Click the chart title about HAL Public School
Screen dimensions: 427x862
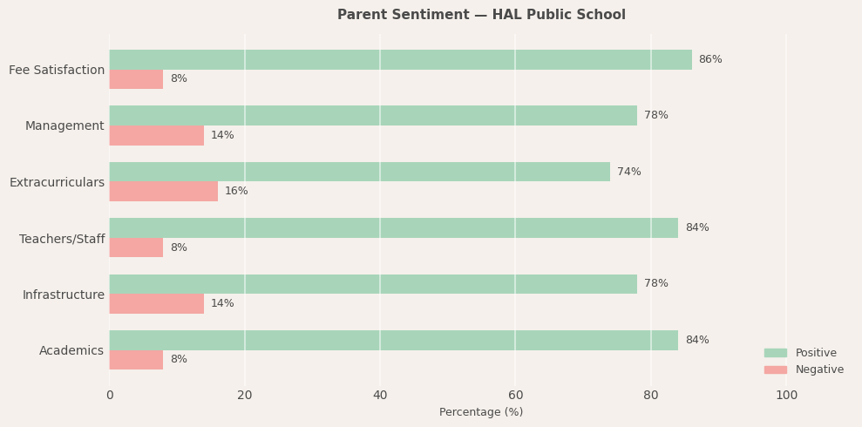(481, 15)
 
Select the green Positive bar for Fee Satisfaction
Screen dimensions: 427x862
(400, 59)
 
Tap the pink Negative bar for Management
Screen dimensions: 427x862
(156, 135)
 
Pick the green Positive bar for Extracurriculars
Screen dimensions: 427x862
(359, 172)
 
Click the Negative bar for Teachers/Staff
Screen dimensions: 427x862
(136, 247)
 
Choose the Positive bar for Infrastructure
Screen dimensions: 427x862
(373, 284)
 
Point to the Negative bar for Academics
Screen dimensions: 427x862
(136, 360)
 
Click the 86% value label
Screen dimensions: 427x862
(710, 59)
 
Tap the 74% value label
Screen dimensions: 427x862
(628, 172)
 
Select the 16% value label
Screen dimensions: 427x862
(236, 191)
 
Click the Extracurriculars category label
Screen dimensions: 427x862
(57, 182)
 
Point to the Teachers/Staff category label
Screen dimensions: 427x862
(62, 239)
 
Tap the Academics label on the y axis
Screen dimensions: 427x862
(71, 350)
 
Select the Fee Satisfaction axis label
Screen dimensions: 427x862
(57, 70)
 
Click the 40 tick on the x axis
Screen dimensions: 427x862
(380, 395)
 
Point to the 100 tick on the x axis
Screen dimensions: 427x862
(786, 395)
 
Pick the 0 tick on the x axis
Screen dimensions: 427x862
(110, 395)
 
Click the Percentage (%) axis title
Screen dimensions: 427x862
(481, 412)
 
